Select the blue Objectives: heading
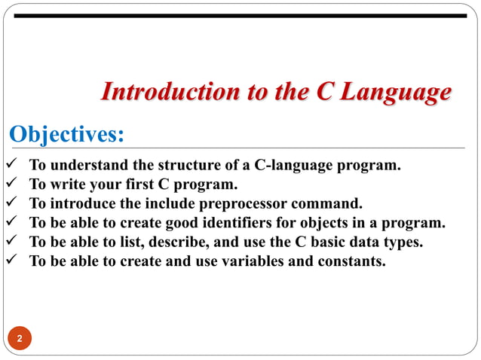click(x=66, y=135)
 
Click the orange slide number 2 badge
click(x=20, y=338)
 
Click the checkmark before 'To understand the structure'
click(x=11, y=165)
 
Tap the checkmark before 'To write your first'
click(x=11, y=185)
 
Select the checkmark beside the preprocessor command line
click(x=11, y=204)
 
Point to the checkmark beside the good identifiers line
click(x=11, y=224)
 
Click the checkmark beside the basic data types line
click(x=11, y=243)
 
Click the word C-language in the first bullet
click(x=290, y=165)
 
